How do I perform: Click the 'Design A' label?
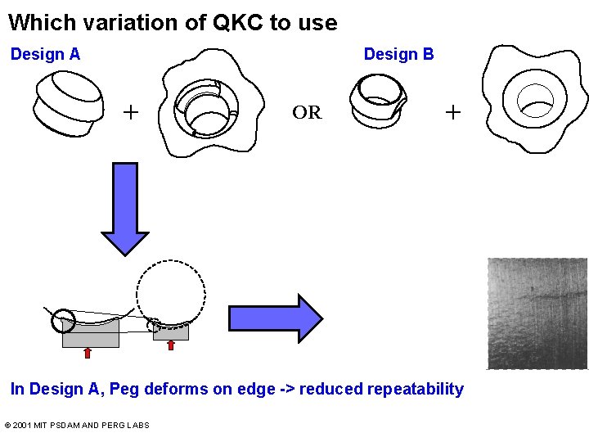pyautogui.click(x=45, y=55)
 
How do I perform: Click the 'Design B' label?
pyautogui.click(x=398, y=55)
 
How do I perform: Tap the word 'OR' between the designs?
pyautogui.click(x=307, y=113)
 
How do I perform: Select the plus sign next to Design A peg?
pyautogui.click(x=130, y=111)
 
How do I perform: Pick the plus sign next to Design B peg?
pyautogui.click(x=452, y=111)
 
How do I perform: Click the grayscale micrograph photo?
pyautogui.click(x=537, y=313)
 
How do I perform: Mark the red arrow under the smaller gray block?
pyautogui.click(x=170, y=345)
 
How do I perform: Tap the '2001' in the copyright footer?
pyautogui.click(x=23, y=426)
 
